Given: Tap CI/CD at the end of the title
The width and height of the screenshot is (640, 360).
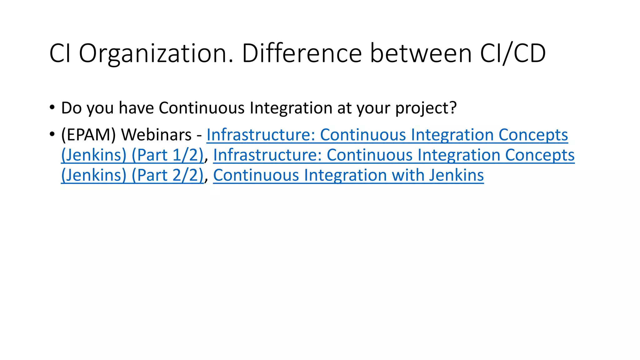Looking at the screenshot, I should tap(513, 54).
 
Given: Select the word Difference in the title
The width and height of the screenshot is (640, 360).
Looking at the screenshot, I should tap(302, 54).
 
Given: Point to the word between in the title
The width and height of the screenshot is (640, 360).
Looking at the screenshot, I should tap(421, 54).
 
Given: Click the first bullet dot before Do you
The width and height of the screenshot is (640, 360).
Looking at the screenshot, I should tap(52, 107).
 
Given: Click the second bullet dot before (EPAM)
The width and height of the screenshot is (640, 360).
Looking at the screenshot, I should tap(52, 134).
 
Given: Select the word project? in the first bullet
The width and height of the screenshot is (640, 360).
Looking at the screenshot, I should tap(426, 108).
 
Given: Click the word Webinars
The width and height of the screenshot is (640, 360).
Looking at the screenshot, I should tap(156, 135).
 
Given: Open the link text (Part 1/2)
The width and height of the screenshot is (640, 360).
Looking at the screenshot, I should tap(167, 155).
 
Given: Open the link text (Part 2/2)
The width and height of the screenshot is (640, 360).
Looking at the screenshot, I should tap(167, 175).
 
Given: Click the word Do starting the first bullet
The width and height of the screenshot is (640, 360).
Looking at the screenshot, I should tap(71, 108).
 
